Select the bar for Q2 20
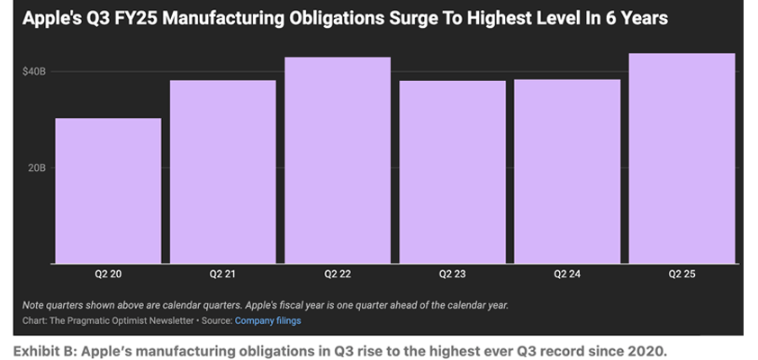point(108,191)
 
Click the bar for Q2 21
point(222,172)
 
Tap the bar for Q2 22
point(338,160)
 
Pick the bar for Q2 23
point(452,172)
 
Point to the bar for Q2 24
point(567,171)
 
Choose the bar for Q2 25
point(681,158)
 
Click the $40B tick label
point(34,71)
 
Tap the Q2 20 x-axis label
point(108,274)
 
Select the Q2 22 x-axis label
point(338,274)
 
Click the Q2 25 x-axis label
point(681,274)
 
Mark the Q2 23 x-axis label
point(452,274)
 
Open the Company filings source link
point(267,320)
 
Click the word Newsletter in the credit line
point(170,320)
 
